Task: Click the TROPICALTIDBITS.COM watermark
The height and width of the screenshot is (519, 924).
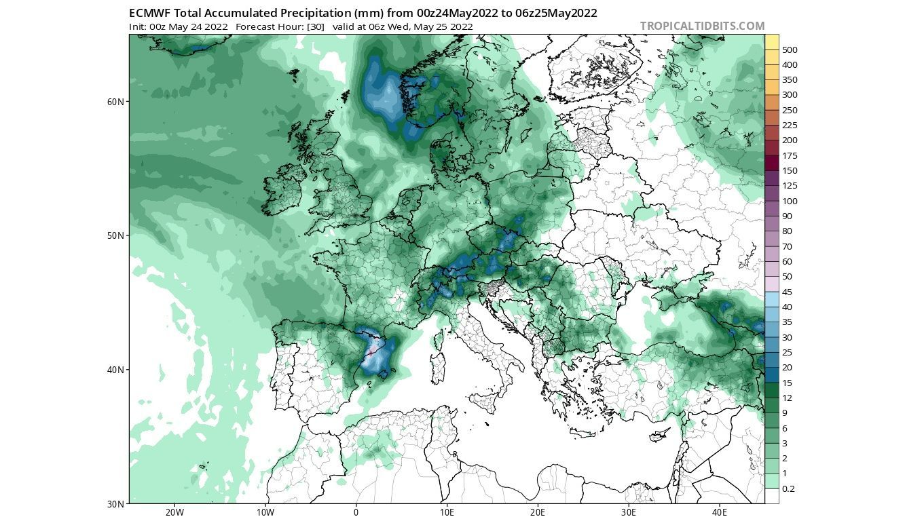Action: [702, 26]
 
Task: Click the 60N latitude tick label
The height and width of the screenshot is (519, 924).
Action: [115, 102]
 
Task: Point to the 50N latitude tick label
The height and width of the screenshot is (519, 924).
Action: [115, 235]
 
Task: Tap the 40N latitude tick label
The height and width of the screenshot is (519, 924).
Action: [115, 370]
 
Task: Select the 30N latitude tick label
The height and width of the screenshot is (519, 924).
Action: [115, 504]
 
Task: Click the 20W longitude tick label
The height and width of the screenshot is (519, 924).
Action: [174, 512]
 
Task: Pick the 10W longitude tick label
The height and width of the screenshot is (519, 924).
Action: [265, 512]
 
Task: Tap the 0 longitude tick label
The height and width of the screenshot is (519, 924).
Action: [356, 512]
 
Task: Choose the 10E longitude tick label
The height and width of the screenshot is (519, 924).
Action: [447, 512]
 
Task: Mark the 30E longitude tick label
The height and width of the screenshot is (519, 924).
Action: [629, 512]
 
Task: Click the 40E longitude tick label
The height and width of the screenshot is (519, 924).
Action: [720, 512]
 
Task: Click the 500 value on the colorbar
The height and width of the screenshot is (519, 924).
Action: [790, 50]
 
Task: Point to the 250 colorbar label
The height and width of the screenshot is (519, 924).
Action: [790, 110]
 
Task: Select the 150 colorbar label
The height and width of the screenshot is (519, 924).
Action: [790, 170]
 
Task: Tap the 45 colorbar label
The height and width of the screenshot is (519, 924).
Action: [788, 292]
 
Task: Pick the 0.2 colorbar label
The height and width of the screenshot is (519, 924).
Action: [788, 488]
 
